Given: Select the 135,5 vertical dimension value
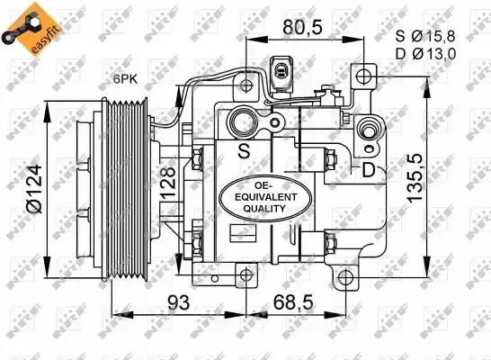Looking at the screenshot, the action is coord(415,177).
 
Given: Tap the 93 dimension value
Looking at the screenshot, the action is coord(178,302).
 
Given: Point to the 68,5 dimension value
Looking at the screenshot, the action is coord(293,302).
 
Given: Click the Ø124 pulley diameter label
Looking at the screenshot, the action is coord(34,189).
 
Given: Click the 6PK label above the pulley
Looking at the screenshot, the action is coord(125,79).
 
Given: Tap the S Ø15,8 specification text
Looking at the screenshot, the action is coord(425,36).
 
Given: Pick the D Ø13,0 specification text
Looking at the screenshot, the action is coord(425,54).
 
